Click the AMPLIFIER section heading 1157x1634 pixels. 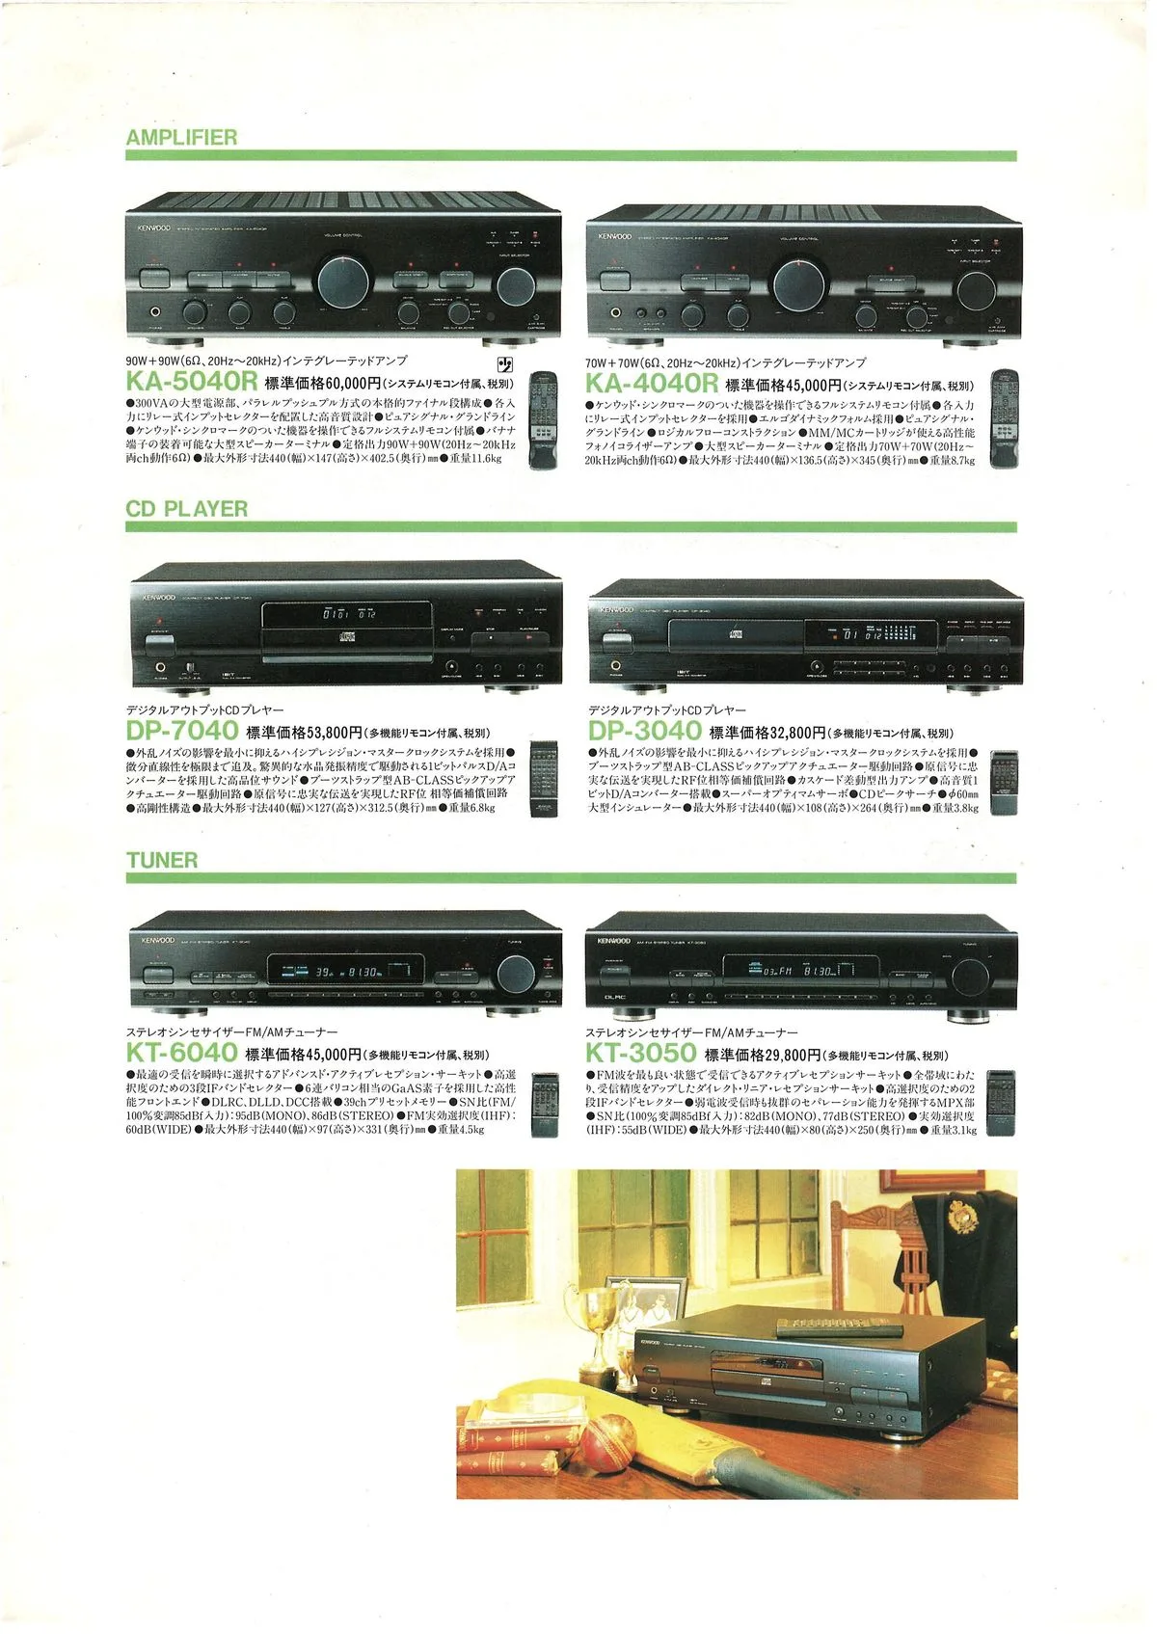(x=181, y=137)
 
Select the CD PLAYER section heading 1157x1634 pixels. (x=186, y=508)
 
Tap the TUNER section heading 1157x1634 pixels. (x=162, y=860)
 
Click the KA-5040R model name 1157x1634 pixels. (x=192, y=384)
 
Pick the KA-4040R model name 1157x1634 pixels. (x=651, y=384)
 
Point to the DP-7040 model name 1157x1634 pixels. (x=181, y=732)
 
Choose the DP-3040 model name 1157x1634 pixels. (x=644, y=732)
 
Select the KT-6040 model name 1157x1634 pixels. (x=181, y=1053)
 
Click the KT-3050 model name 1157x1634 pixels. (x=640, y=1053)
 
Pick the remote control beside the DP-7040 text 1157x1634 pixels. (x=544, y=779)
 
